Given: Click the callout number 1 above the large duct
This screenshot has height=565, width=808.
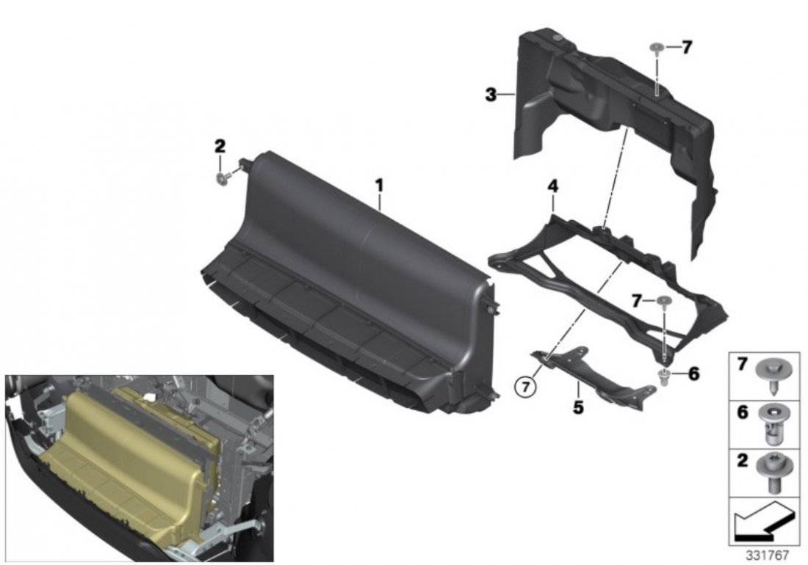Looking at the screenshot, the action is point(379,185).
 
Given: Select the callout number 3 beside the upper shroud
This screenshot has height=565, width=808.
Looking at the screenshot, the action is point(491,95).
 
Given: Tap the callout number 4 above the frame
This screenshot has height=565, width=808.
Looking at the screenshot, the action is point(553,186).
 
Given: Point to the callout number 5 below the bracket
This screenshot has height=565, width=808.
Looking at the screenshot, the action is point(578,407).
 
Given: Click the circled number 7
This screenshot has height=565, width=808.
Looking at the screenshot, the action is point(526,387).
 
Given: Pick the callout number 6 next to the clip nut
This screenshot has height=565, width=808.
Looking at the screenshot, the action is point(694,374).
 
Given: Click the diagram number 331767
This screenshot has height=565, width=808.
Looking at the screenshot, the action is point(768,555).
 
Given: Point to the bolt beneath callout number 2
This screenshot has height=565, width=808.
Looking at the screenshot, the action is point(222,180).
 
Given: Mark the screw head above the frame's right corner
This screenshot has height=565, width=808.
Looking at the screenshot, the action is point(665,302).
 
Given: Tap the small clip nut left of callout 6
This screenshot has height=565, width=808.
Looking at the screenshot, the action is point(665,376).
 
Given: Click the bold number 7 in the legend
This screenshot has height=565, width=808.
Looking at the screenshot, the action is point(742,365).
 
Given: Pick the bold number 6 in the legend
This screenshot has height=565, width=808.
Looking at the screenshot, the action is point(742,412).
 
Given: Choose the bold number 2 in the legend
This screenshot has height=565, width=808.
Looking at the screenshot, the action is point(742,461).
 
